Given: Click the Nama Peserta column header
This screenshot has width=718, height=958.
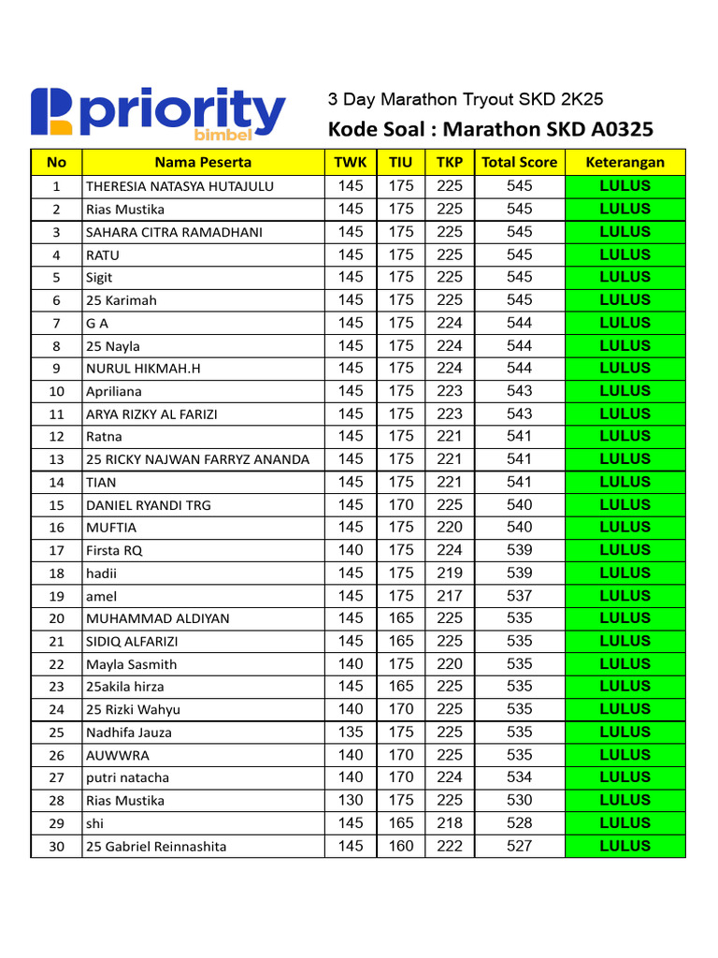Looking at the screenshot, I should coord(203,162).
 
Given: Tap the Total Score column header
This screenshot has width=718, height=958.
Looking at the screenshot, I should coord(519,162).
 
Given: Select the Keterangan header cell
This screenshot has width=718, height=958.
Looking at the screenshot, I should coord(625,162).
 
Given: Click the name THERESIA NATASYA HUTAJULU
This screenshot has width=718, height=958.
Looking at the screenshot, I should coord(179,186).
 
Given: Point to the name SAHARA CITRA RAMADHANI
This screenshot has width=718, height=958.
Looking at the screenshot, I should coord(174,232).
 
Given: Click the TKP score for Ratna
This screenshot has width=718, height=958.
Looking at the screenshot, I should coord(450,436).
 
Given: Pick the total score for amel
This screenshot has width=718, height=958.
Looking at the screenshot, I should coord(519,596).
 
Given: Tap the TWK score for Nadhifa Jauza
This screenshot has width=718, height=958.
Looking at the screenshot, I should coord(351,733).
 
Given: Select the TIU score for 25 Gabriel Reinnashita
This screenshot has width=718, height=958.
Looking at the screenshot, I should coord(400,846).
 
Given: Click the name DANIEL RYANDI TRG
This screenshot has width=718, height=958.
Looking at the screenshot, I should coord(148,505).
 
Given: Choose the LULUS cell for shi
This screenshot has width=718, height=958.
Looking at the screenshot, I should coord(625,823).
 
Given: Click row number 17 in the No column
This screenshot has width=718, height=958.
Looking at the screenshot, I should coord(57,550).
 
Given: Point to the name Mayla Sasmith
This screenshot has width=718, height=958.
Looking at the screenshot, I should coord(131,665).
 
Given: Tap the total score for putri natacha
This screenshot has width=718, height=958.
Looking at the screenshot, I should coord(519,777).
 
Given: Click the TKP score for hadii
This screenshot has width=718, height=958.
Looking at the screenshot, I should coord(450,573).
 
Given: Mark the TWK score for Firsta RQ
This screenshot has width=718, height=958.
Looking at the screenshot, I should coord(351,550).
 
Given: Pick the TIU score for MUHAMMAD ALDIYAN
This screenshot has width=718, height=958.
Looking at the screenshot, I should coord(400,618).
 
